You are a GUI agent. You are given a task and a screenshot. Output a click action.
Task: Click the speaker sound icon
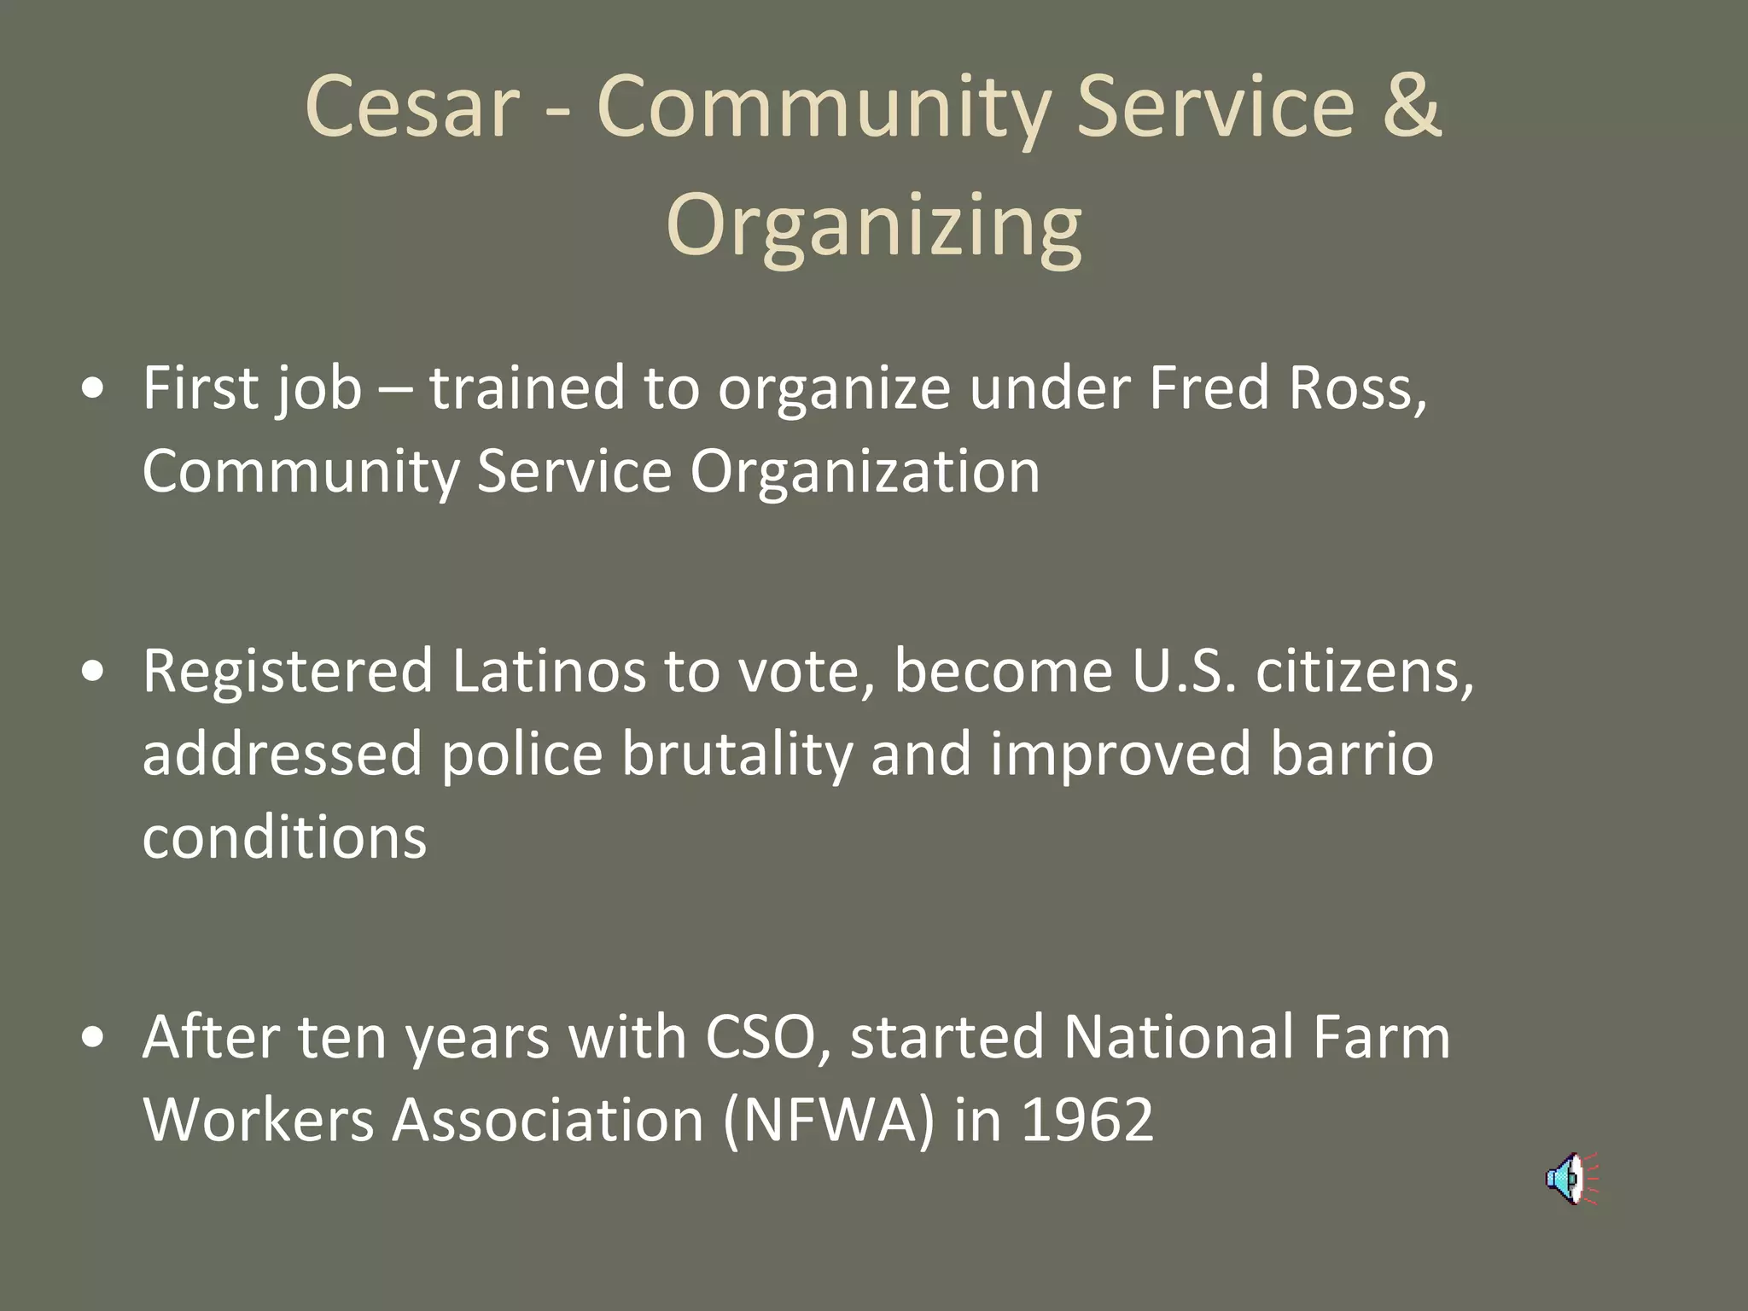tap(1569, 1179)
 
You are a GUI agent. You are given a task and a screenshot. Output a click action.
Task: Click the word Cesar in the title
tap(411, 106)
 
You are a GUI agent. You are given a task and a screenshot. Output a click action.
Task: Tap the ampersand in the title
tap(1413, 106)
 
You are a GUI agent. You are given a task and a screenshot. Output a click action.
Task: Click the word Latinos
tap(549, 671)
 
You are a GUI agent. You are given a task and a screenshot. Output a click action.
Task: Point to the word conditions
tap(284, 838)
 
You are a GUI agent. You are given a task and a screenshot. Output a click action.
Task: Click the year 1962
tap(1087, 1120)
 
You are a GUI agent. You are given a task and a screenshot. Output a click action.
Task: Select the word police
tap(521, 755)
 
